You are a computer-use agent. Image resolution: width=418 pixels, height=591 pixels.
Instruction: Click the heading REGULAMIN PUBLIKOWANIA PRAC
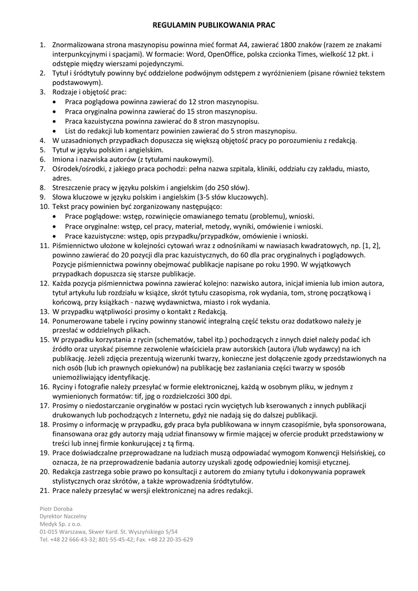[x=209, y=26]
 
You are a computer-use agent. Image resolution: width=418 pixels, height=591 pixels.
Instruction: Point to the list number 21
[x=44, y=491]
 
